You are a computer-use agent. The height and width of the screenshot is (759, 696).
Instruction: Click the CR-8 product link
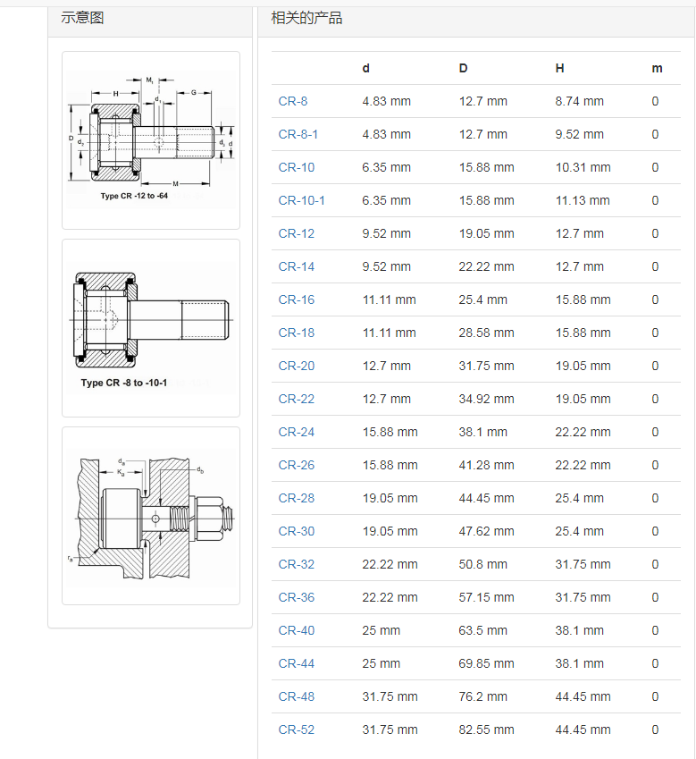(293, 101)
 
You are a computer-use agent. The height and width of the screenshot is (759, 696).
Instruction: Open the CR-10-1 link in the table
(301, 200)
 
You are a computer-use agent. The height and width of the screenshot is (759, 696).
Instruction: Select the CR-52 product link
(296, 729)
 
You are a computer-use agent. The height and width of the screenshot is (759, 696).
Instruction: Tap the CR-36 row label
(296, 597)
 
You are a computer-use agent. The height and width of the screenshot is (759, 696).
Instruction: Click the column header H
(559, 68)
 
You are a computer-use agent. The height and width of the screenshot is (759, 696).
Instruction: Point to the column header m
(657, 68)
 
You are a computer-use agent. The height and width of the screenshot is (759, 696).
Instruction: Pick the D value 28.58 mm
(486, 333)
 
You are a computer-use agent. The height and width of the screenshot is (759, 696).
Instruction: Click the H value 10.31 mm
(583, 167)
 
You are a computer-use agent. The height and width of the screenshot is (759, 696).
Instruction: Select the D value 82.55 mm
(486, 729)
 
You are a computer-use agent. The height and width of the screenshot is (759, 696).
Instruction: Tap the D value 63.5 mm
(482, 630)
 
